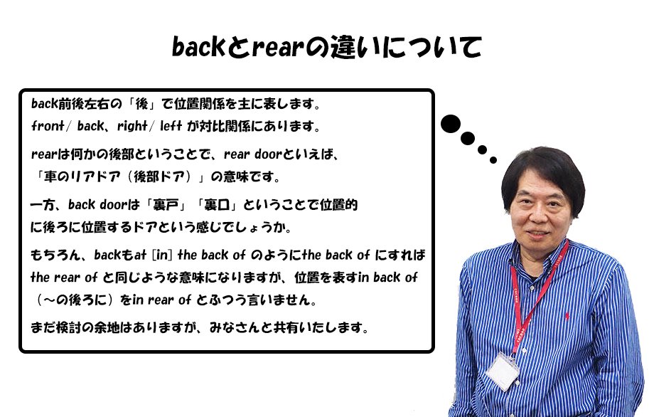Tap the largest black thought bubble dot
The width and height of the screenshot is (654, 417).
(451, 124)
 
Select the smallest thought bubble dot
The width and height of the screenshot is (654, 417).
(493, 159)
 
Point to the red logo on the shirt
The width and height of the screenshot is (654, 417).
(567, 315)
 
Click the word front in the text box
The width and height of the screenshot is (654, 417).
(48, 126)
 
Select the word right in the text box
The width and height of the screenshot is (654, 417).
(132, 126)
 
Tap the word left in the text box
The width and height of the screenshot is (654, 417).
(171, 126)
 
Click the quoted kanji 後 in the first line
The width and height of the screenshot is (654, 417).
(141, 103)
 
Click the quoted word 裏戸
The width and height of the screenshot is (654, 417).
(166, 204)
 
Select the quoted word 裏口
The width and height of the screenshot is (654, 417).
(217, 204)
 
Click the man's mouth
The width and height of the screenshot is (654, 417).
(538, 233)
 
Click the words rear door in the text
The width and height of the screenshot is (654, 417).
(253, 154)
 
